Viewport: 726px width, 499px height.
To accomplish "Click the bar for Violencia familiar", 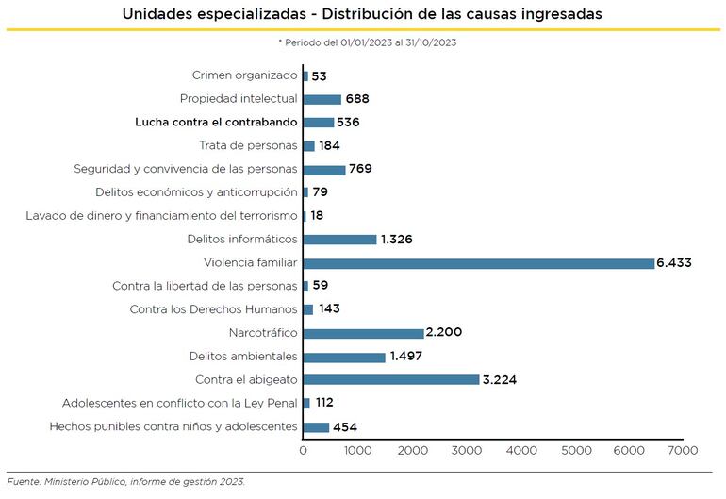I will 479,263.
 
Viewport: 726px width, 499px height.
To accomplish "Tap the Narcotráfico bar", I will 363,333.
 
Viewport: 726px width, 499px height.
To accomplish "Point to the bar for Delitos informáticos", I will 339,240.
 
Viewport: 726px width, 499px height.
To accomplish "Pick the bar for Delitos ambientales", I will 344,357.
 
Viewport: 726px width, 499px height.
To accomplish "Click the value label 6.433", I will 675,263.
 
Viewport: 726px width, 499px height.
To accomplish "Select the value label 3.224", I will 500,380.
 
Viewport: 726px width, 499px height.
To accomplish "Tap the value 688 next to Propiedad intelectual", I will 357,99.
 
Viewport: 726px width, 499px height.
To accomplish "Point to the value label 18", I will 318,216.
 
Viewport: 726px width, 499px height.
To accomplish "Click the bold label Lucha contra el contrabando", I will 216,123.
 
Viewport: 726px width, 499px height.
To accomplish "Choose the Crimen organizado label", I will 244,75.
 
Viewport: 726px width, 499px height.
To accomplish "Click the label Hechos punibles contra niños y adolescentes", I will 173,427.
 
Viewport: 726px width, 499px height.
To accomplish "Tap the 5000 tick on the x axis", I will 575,451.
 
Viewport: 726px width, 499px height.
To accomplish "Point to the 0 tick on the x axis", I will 304,451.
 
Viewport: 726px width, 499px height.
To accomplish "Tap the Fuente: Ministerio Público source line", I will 125,482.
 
